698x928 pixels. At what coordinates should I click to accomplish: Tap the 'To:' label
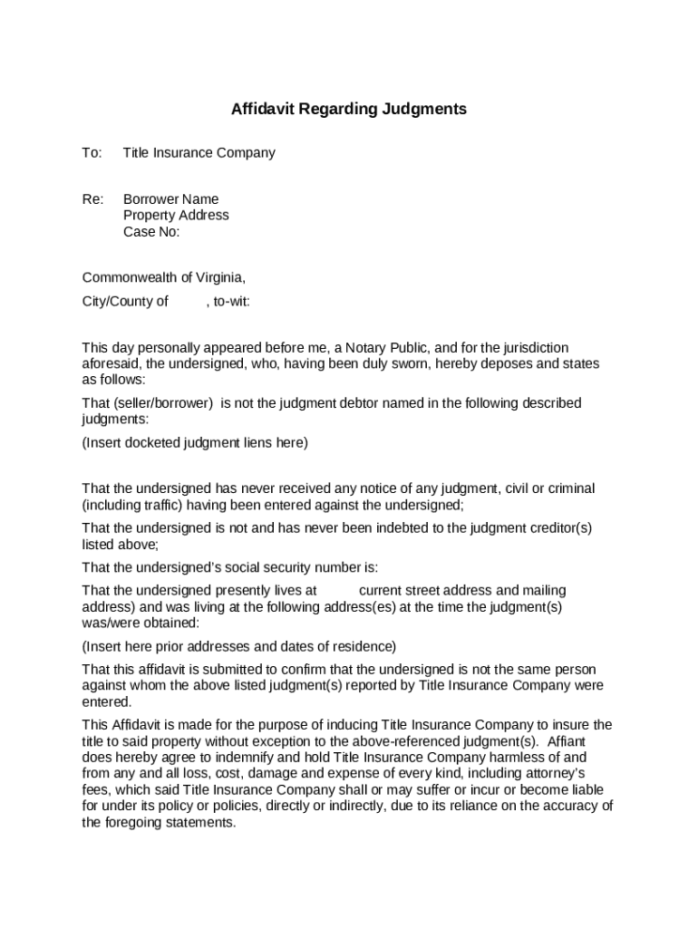(x=92, y=153)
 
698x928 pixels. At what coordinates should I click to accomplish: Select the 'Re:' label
(x=93, y=199)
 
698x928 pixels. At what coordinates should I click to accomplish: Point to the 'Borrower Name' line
(x=170, y=199)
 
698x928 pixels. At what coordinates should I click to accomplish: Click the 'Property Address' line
(x=176, y=216)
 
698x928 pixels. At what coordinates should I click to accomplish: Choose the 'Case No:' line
(x=151, y=232)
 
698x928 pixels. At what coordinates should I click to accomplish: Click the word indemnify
(x=241, y=758)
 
